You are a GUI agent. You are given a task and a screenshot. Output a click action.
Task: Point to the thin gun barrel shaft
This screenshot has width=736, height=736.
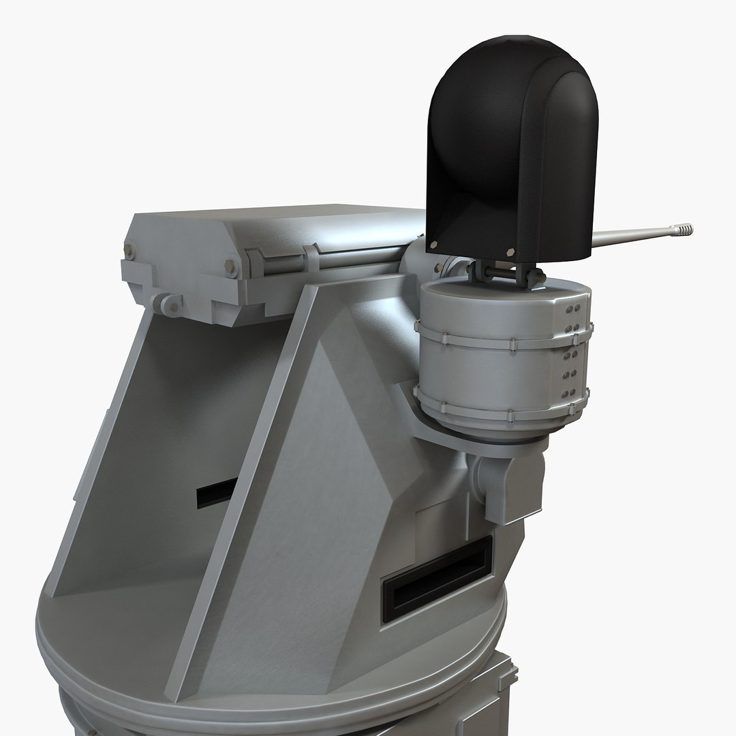(x=627, y=236)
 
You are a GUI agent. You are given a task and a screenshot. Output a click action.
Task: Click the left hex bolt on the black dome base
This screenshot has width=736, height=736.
(x=434, y=245)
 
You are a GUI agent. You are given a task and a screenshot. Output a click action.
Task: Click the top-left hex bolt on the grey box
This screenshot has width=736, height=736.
(x=129, y=254)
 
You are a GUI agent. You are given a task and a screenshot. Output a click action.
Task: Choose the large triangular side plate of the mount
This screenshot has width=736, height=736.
(x=307, y=477)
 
